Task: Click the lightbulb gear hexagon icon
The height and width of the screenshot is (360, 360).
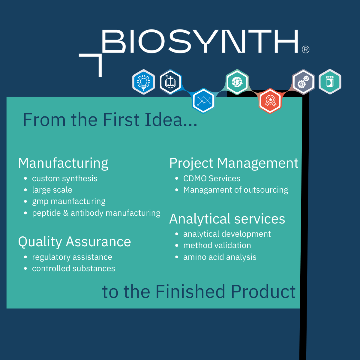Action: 143,82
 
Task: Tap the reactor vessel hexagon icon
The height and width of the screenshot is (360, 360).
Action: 170,82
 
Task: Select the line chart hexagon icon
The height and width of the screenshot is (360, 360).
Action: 203,101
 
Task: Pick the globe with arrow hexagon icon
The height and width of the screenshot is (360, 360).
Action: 237,82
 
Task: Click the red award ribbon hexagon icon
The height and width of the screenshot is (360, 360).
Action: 270,101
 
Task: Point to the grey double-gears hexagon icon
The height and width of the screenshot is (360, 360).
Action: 303,82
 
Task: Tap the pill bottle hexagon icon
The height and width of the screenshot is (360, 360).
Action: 330,82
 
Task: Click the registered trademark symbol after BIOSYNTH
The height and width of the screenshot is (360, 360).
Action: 306,49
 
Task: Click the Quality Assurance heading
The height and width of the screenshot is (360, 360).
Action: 74,242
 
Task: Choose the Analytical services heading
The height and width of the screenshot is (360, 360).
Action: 227,219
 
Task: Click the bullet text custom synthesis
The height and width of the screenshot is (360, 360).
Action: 64,178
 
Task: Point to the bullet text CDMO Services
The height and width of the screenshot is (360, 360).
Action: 212,178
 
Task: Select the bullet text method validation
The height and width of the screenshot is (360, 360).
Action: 217,245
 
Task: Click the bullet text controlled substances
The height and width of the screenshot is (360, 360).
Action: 73,268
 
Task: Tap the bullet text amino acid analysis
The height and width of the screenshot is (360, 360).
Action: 220,257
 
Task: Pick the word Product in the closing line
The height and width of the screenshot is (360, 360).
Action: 263,291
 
